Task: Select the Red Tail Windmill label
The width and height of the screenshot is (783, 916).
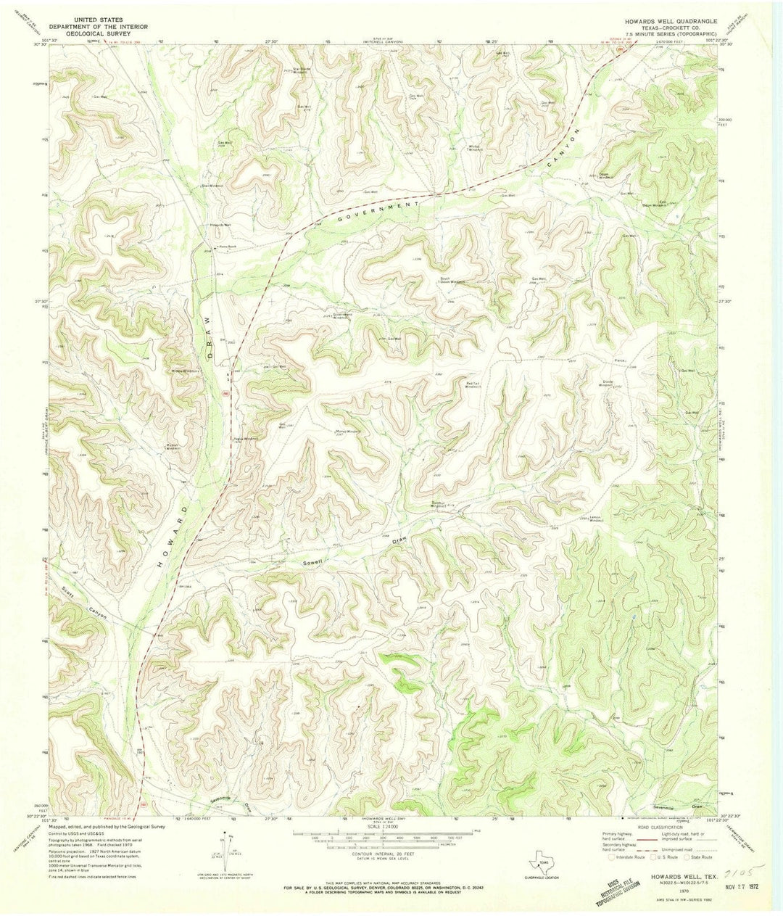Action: [x=473, y=381]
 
